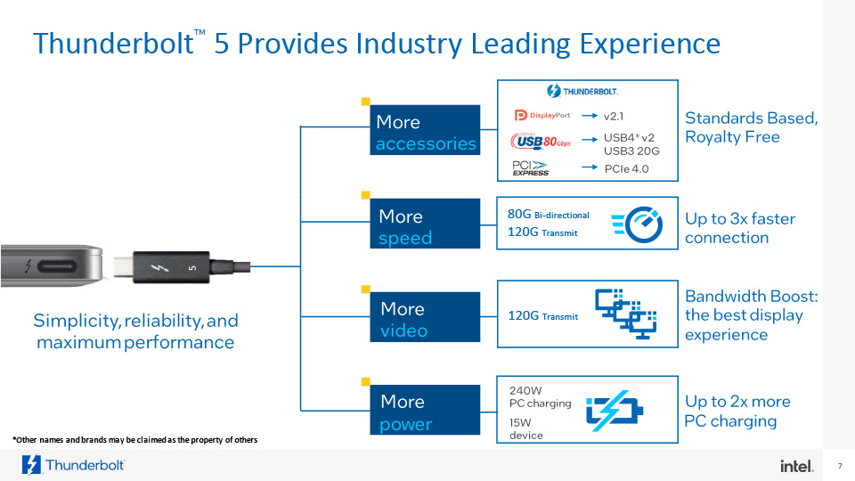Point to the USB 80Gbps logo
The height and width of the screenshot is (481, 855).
click(x=540, y=142)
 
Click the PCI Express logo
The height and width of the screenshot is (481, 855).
click(x=531, y=167)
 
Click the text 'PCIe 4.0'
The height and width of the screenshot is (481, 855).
click(x=627, y=168)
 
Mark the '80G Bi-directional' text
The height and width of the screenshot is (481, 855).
click(x=548, y=215)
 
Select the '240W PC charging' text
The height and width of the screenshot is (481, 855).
click(x=539, y=396)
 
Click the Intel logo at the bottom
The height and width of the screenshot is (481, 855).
click(x=795, y=466)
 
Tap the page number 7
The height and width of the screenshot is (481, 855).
click(x=840, y=466)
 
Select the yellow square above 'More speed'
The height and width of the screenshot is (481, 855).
click(x=365, y=194)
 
